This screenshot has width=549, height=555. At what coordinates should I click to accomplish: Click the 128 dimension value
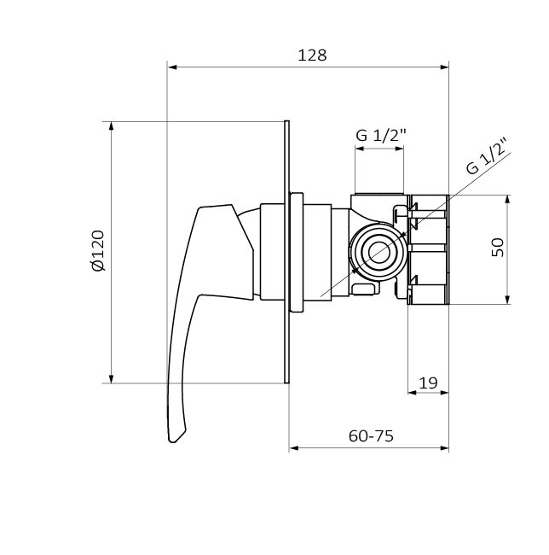312,55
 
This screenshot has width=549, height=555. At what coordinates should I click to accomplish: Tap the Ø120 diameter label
98,250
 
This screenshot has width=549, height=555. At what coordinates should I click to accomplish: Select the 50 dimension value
498,247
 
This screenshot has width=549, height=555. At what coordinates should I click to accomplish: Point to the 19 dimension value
428,383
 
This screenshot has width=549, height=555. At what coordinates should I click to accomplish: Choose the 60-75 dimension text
371,436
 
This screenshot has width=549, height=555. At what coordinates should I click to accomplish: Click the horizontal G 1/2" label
381,135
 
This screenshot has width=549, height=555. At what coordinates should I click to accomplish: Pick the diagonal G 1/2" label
488,156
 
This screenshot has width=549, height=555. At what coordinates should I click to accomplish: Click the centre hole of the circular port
379,253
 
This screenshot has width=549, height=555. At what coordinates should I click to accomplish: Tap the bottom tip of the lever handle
172,441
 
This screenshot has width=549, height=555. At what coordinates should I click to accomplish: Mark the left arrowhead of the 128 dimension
172,67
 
